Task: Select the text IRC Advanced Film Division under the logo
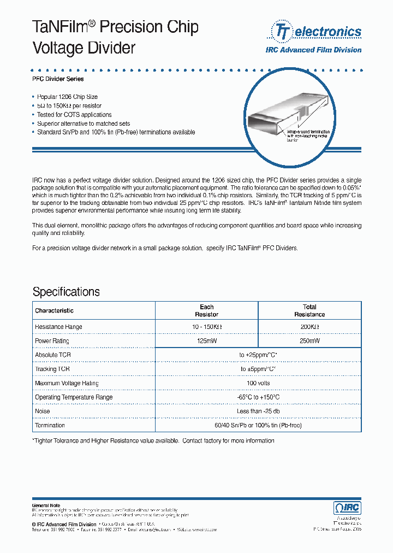[x=313, y=50]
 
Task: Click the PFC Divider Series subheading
[x=58, y=79]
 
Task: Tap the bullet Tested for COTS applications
[x=74, y=115]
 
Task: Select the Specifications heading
[x=66, y=291]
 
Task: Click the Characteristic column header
[x=54, y=311]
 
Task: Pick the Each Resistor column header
[x=206, y=311]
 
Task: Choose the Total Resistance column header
[x=309, y=311]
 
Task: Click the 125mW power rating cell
[x=206, y=341]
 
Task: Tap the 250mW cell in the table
[x=309, y=341]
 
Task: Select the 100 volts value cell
[x=258, y=384]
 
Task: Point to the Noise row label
[x=43, y=411]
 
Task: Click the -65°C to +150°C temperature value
[x=258, y=397]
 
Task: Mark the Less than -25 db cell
[x=258, y=411]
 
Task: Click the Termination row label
[x=50, y=425]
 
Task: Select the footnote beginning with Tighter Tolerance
[x=153, y=440]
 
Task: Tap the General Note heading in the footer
[x=46, y=505]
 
